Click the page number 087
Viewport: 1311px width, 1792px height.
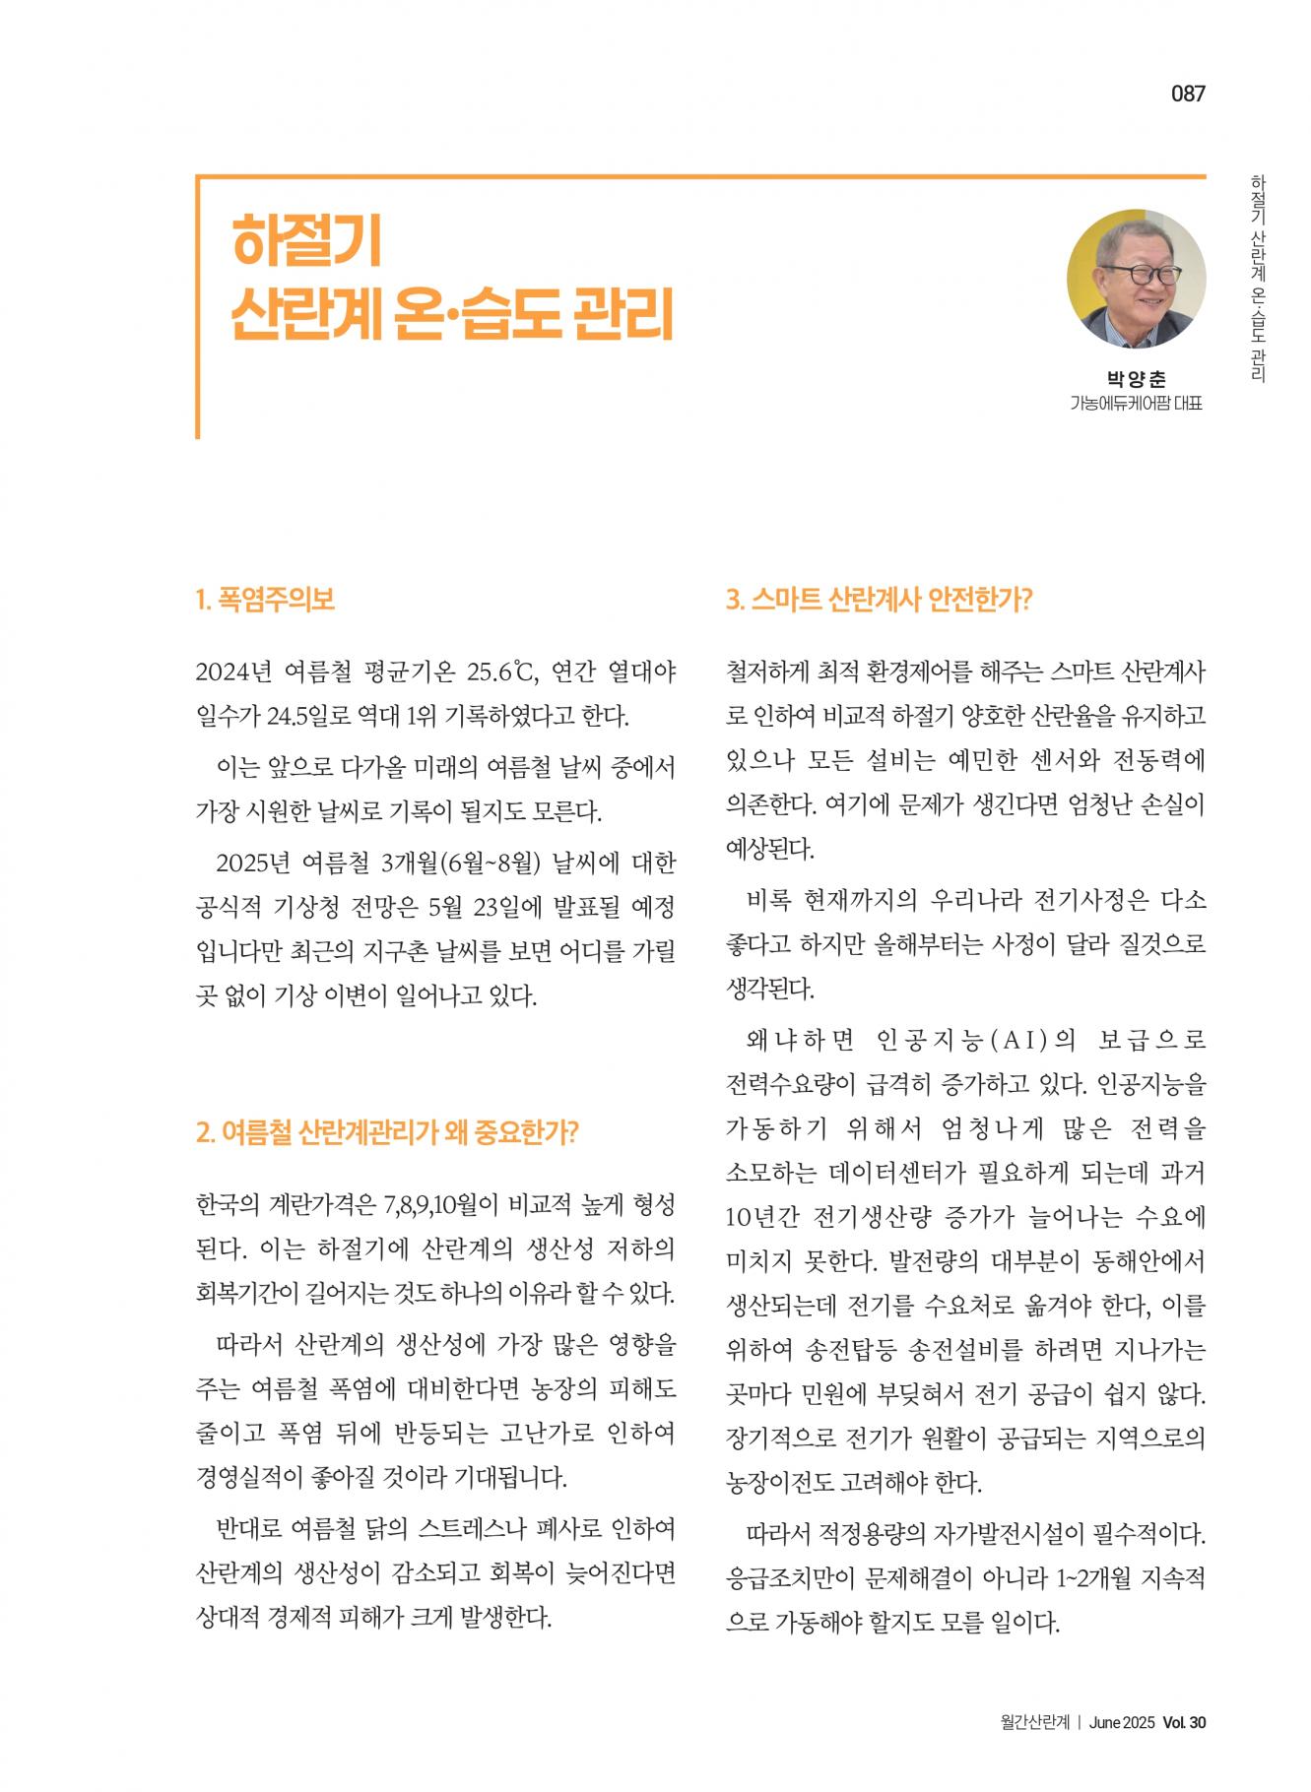(x=1188, y=95)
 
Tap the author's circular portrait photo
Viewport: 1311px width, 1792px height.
(x=1136, y=279)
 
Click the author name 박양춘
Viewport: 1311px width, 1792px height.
(x=1136, y=379)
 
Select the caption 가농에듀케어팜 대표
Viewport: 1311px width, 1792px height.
(x=1136, y=404)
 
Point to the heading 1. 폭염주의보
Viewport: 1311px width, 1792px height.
(x=265, y=600)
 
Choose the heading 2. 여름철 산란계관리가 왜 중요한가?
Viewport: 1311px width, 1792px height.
(x=387, y=1131)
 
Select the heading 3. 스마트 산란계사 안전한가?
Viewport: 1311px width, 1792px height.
(x=879, y=600)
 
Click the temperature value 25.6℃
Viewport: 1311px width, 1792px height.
(x=500, y=672)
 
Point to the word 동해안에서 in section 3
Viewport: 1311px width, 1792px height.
(x=1150, y=1260)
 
